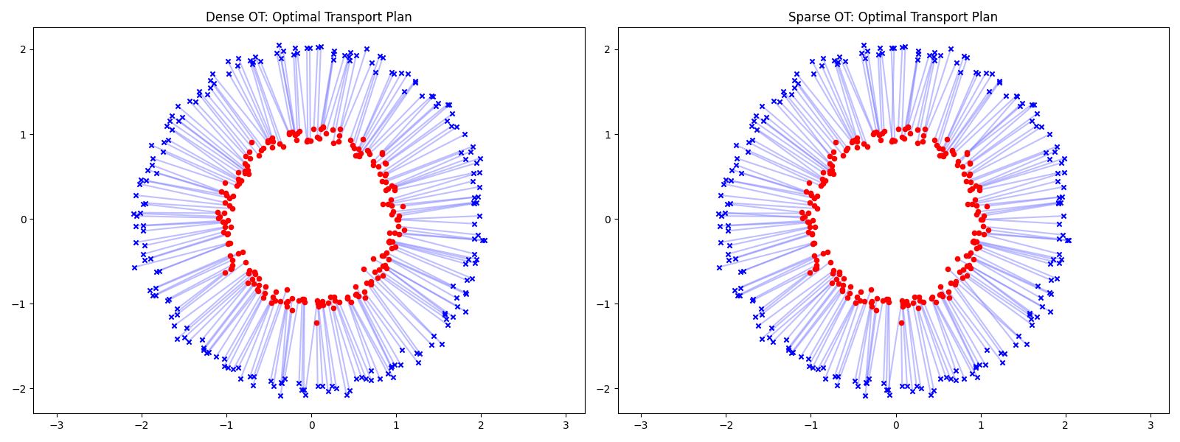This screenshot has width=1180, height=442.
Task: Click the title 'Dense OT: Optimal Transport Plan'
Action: tap(308, 17)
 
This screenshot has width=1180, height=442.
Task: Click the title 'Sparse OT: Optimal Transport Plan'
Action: tap(892, 17)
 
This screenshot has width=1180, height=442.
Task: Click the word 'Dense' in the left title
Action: tap(221, 17)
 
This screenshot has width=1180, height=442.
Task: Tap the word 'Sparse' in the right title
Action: tap(807, 17)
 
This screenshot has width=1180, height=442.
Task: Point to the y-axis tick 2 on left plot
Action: tap(22, 49)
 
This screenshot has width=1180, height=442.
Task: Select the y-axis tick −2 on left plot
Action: tap(19, 388)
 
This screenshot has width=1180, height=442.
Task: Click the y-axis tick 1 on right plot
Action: tap(607, 134)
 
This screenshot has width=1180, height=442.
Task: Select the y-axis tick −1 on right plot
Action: tap(604, 304)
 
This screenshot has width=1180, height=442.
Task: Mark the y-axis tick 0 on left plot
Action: tap(22, 219)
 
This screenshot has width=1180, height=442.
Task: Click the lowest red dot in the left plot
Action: tap(316, 323)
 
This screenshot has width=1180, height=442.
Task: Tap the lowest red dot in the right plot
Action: tap(901, 323)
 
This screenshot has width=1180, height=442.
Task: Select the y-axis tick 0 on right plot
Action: tap(607, 219)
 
